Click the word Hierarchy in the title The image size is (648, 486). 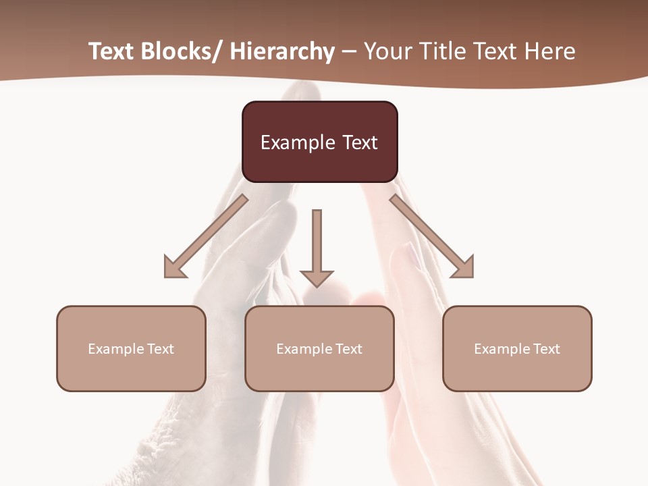pyautogui.click(x=282, y=51)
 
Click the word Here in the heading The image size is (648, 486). pyautogui.click(x=551, y=51)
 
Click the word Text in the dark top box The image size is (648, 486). pyautogui.click(x=359, y=142)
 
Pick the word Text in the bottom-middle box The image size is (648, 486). pyautogui.click(x=348, y=349)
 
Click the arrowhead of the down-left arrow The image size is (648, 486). pyautogui.click(x=173, y=268)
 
